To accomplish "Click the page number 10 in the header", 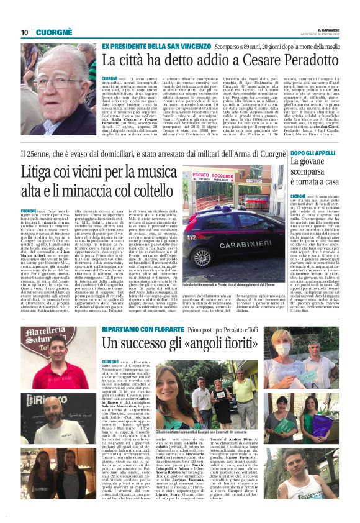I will pyautogui.click(x=25, y=32).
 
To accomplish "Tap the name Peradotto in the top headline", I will pyautogui.click(x=264, y=60).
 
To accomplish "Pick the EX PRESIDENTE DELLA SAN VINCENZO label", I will pyautogui.click(x=156, y=46).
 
